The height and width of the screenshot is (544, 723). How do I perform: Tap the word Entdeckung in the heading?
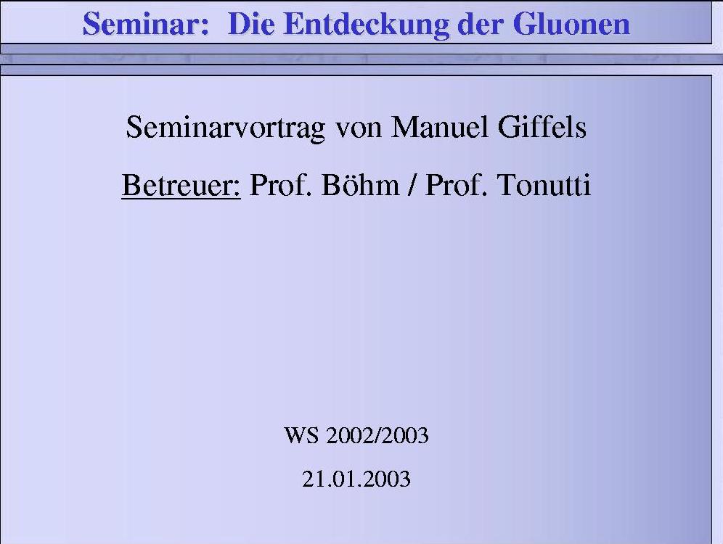coord(367,24)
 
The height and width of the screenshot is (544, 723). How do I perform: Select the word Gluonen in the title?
coord(571,23)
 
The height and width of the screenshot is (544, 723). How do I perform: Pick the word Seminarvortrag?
coord(226,128)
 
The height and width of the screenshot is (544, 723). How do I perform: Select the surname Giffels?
coord(542,127)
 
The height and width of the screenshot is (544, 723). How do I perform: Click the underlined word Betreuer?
coord(181,185)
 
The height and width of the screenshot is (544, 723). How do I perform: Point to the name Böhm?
coord(360,185)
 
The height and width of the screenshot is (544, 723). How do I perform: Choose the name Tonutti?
coord(544,185)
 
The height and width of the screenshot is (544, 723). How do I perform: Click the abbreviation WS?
coord(301,435)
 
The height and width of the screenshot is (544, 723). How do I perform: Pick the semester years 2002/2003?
coord(377,435)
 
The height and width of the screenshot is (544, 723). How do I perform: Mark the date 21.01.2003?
coord(356,479)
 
